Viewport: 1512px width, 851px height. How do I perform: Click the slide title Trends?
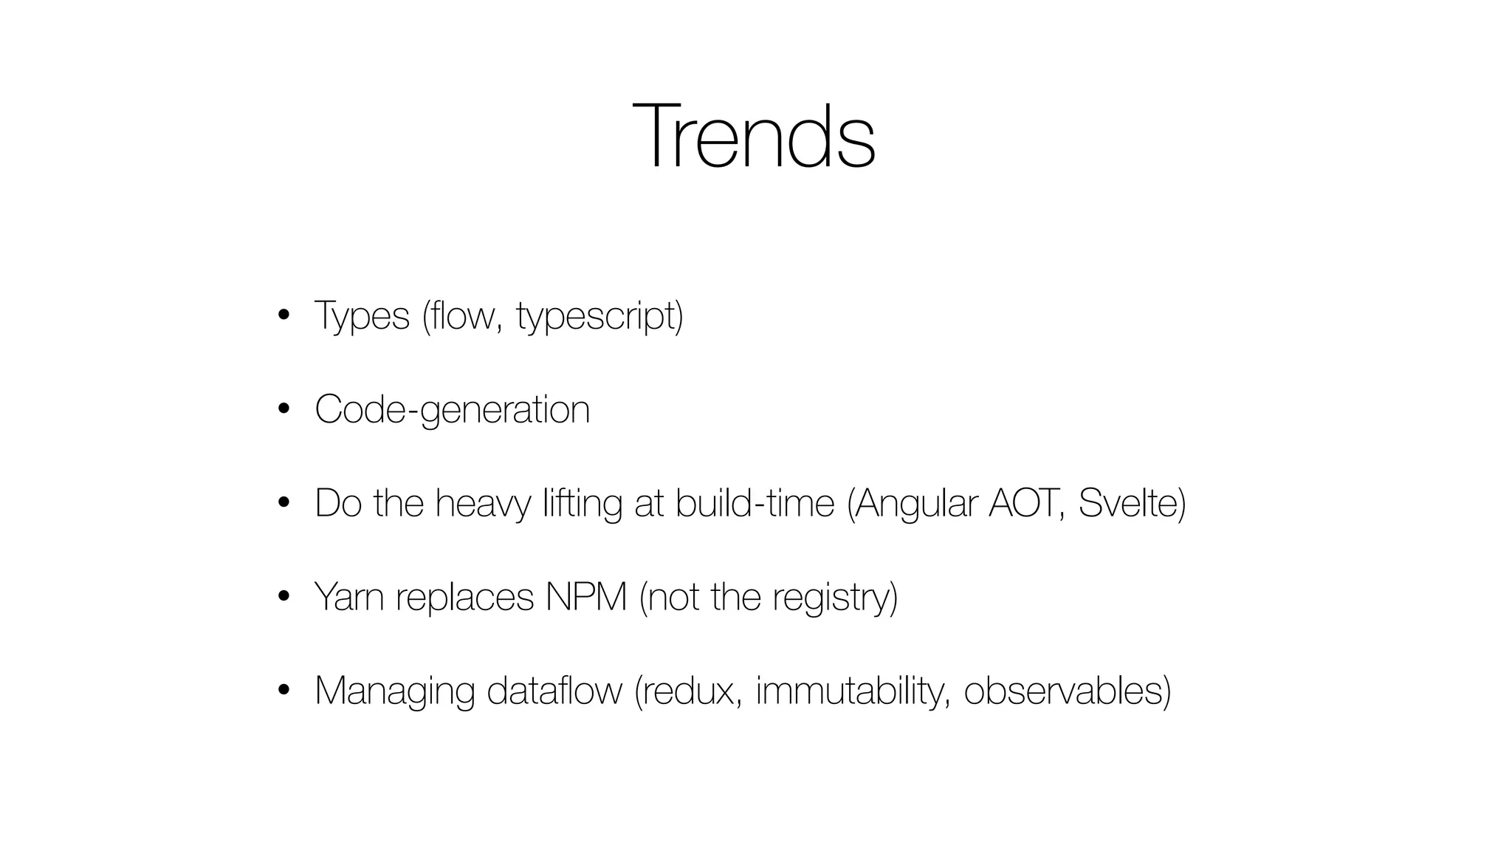[754, 137]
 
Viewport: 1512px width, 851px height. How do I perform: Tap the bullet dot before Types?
[283, 316]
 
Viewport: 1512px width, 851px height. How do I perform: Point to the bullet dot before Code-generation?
[283, 410]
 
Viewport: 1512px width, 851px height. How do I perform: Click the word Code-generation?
[452, 410]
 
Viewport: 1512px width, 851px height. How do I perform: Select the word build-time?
[754, 503]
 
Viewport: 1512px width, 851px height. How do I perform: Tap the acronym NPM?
[585, 597]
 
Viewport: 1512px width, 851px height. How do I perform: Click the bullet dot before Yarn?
[283, 597]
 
